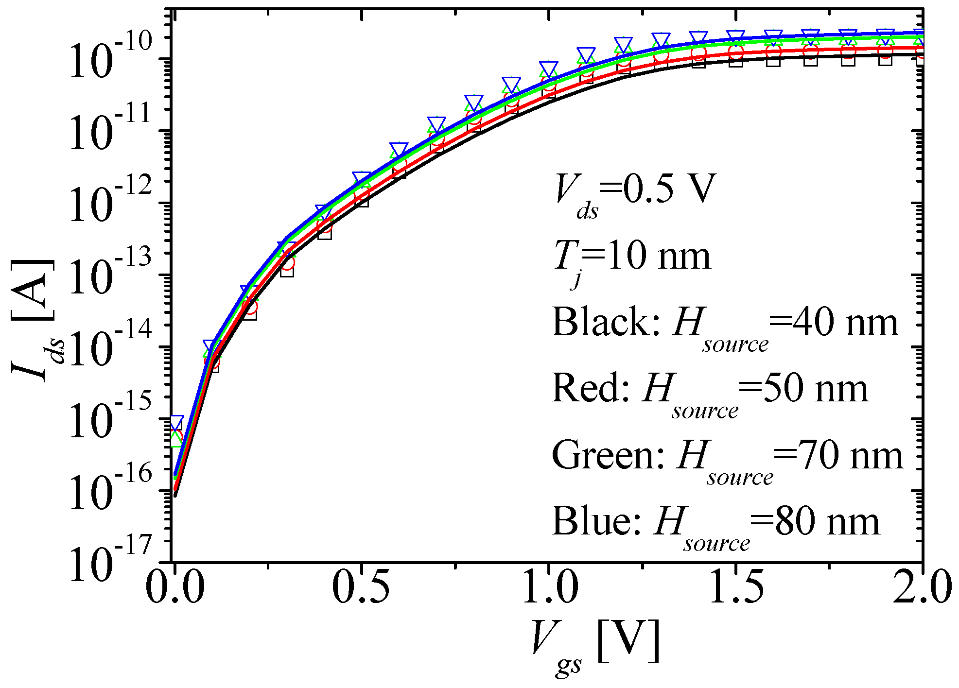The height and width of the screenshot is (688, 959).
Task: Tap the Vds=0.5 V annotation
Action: (635, 192)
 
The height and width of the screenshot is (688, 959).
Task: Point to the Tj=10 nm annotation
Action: (632, 260)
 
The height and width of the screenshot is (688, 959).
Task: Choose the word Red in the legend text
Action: (591, 389)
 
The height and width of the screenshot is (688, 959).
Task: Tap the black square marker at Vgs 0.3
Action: (287, 270)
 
